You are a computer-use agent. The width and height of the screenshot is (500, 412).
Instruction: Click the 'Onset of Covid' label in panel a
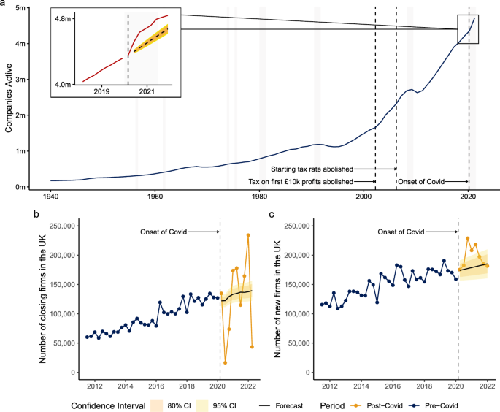click(423, 180)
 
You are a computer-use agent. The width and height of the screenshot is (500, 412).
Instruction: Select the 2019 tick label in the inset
click(101, 91)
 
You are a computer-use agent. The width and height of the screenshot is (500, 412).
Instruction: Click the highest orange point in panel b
click(248, 235)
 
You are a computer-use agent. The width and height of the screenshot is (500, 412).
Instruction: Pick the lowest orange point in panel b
click(225, 362)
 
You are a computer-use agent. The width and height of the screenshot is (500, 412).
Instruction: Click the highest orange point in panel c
click(467, 238)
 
